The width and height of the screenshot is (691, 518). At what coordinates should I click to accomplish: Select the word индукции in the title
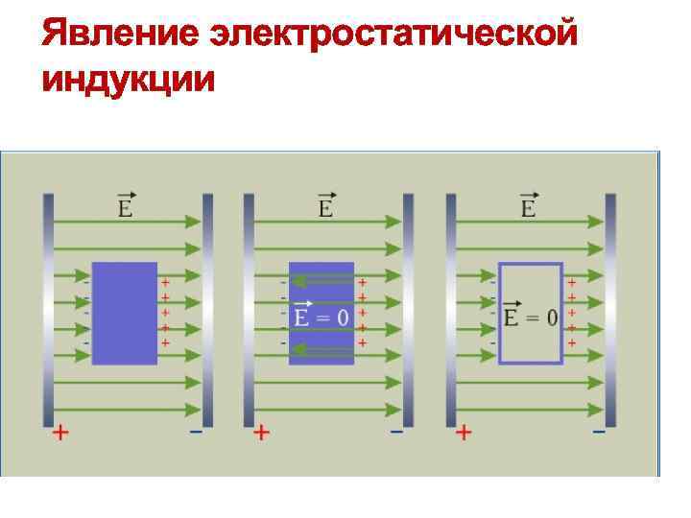tap(129, 80)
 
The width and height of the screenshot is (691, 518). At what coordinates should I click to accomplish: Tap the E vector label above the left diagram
tap(125, 205)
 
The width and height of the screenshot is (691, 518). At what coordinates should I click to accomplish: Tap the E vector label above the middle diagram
tap(326, 205)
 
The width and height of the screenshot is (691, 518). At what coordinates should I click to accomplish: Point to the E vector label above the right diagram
tap(528, 205)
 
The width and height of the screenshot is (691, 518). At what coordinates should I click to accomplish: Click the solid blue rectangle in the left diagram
tap(124, 313)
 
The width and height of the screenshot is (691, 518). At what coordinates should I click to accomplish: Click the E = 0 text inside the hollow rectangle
tap(530, 317)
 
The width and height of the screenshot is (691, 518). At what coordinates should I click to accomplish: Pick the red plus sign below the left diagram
tap(60, 433)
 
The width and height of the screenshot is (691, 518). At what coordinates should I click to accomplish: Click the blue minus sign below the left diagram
tap(196, 432)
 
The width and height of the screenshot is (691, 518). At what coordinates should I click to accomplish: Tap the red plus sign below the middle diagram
tap(261, 433)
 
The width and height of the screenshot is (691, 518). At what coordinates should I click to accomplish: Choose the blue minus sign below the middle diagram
tap(396, 432)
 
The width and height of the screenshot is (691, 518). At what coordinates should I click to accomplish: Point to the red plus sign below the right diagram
tap(464, 433)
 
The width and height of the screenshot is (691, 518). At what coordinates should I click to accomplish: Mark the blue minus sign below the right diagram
tap(599, 432)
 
